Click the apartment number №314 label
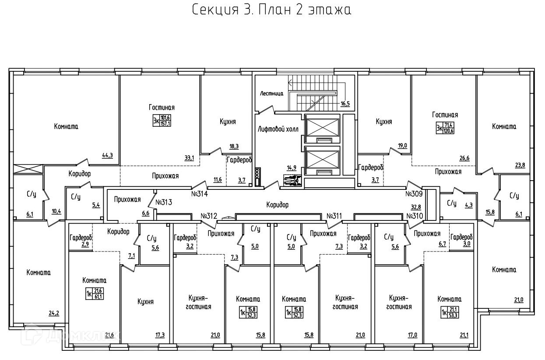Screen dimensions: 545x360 click(x=200, y=194)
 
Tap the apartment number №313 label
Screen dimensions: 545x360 click(x=164, y=202)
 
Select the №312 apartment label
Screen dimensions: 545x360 click(x=209, y=216)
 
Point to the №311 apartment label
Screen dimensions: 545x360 click(x=334, y=216)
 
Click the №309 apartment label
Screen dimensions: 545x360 click(x=414, y=194)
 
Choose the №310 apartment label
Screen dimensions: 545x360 click(x=415, y=216)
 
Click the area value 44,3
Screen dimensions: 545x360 click(x=107, y=156)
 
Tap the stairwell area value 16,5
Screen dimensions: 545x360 click(x=345, y=104)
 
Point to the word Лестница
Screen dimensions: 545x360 click(x=271, y=94)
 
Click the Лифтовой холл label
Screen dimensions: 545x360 click(x=278, y=129)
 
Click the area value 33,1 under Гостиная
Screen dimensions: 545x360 click(x=189, y=158)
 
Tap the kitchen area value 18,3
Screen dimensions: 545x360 click(x=234, y=147)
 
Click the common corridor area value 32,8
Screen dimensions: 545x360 click(x=416, y=207)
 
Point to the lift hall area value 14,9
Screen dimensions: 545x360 click(x=292, y=168)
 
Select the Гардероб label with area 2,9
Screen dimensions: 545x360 click(x=81, y=237)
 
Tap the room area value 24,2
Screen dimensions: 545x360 click(x=54, y=313)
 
